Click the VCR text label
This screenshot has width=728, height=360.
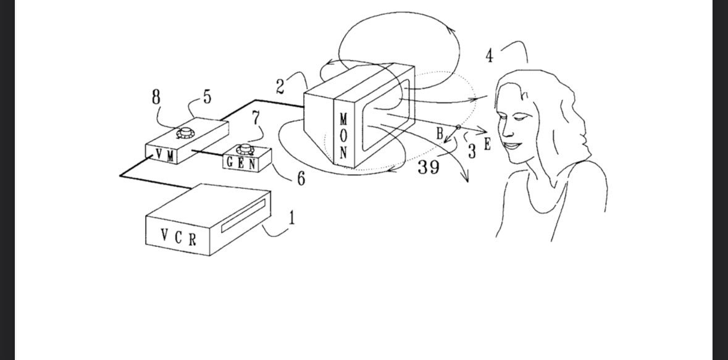pos(178,237)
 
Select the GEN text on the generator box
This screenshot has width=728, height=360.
pos(241,163)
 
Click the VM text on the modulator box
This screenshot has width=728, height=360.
pos(165,155)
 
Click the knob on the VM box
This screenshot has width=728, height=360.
pos(186,133)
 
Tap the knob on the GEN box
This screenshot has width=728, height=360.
pos(245,149)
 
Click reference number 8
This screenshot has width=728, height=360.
pos(156,97)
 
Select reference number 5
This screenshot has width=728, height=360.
pos(207,96)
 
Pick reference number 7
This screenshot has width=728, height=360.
pos(256,117)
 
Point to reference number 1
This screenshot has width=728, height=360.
pos(291,217)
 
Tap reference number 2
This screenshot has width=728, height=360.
pos(280,87)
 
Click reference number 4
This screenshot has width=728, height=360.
pos(490,56)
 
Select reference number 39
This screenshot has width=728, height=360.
pos(428,167)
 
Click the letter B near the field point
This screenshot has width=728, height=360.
pos(440,134)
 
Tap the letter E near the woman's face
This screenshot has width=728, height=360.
pos(487,144)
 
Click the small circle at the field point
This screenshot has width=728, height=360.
pos(458,127)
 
